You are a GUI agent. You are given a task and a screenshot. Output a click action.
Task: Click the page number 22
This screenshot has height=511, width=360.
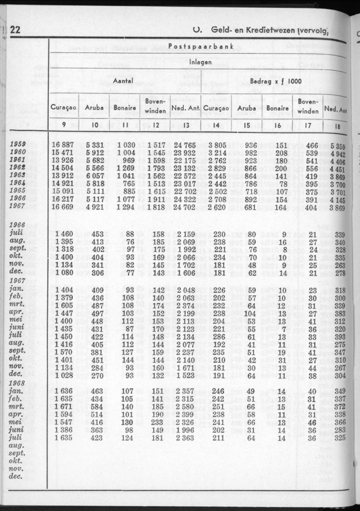(x=15, y=29)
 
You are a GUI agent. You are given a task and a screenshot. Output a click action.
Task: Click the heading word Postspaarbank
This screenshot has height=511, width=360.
(x=201, y=46)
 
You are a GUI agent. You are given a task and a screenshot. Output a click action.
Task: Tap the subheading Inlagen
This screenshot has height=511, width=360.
(x=201, y=62)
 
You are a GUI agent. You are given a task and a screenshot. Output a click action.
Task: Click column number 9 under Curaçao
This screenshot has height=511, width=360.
(x=63, y=125)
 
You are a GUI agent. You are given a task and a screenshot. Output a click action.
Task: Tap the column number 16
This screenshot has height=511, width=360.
(x=277, y=125)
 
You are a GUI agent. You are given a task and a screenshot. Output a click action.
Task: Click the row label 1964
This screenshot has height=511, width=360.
(x=18, y=183)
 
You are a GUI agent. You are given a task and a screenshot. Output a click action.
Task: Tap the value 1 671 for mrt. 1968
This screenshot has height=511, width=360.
(x=65, y=407)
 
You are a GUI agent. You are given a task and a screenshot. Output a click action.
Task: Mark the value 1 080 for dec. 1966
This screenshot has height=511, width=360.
(x=65, y=273)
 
